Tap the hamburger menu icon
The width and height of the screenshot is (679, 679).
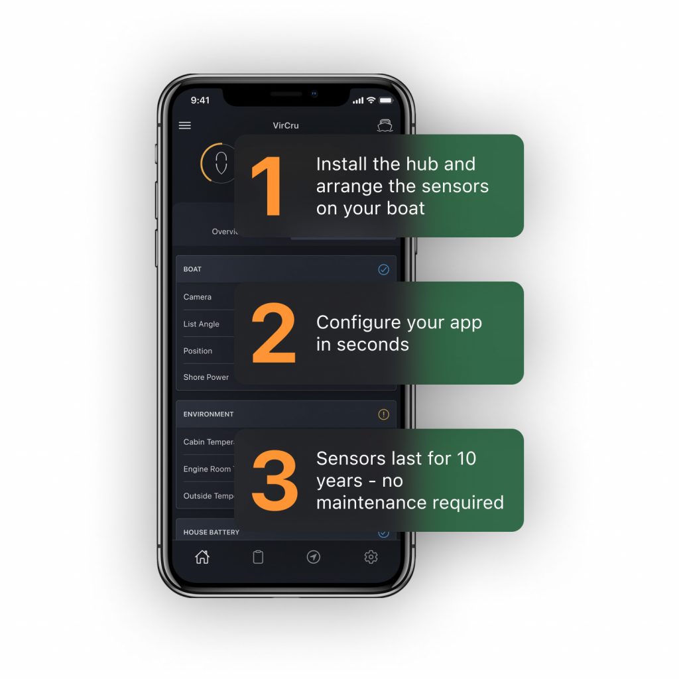[185, 125]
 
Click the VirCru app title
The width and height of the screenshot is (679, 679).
[286, 125]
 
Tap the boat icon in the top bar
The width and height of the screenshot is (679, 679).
[385, 125]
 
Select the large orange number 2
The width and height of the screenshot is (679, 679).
[273, 334]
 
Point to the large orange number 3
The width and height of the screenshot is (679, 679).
[275, 481]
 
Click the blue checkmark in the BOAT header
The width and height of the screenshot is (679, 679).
[383, 269]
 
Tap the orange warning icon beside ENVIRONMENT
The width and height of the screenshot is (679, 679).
[383, 414]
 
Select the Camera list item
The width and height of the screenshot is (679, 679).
[198, 297]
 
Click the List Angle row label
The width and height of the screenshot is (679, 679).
[201, 324]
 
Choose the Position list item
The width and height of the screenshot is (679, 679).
[198, 351]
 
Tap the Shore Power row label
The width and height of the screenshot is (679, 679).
[206, 377]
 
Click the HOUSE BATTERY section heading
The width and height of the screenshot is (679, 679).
[211, 532]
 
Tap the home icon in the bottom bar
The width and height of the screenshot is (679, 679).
[202, 557]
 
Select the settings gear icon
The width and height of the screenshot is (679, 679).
[371, 557]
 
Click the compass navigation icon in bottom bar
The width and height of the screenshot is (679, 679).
[314, 557]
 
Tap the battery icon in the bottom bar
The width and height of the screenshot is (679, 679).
[258, 557]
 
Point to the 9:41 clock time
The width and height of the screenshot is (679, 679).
[200, 100]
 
